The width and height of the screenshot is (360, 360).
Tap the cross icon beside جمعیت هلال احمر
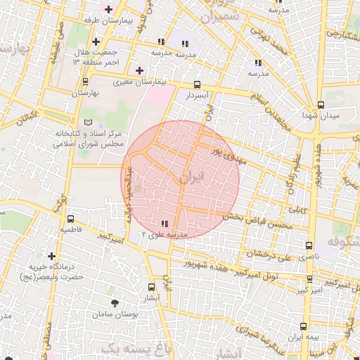(96, 42)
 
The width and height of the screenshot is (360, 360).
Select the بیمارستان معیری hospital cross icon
(139, 70)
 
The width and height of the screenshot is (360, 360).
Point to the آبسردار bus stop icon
(196, 83)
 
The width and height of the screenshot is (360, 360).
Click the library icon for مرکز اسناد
(88, 123)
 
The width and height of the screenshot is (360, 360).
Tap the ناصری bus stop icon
(309, 245)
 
